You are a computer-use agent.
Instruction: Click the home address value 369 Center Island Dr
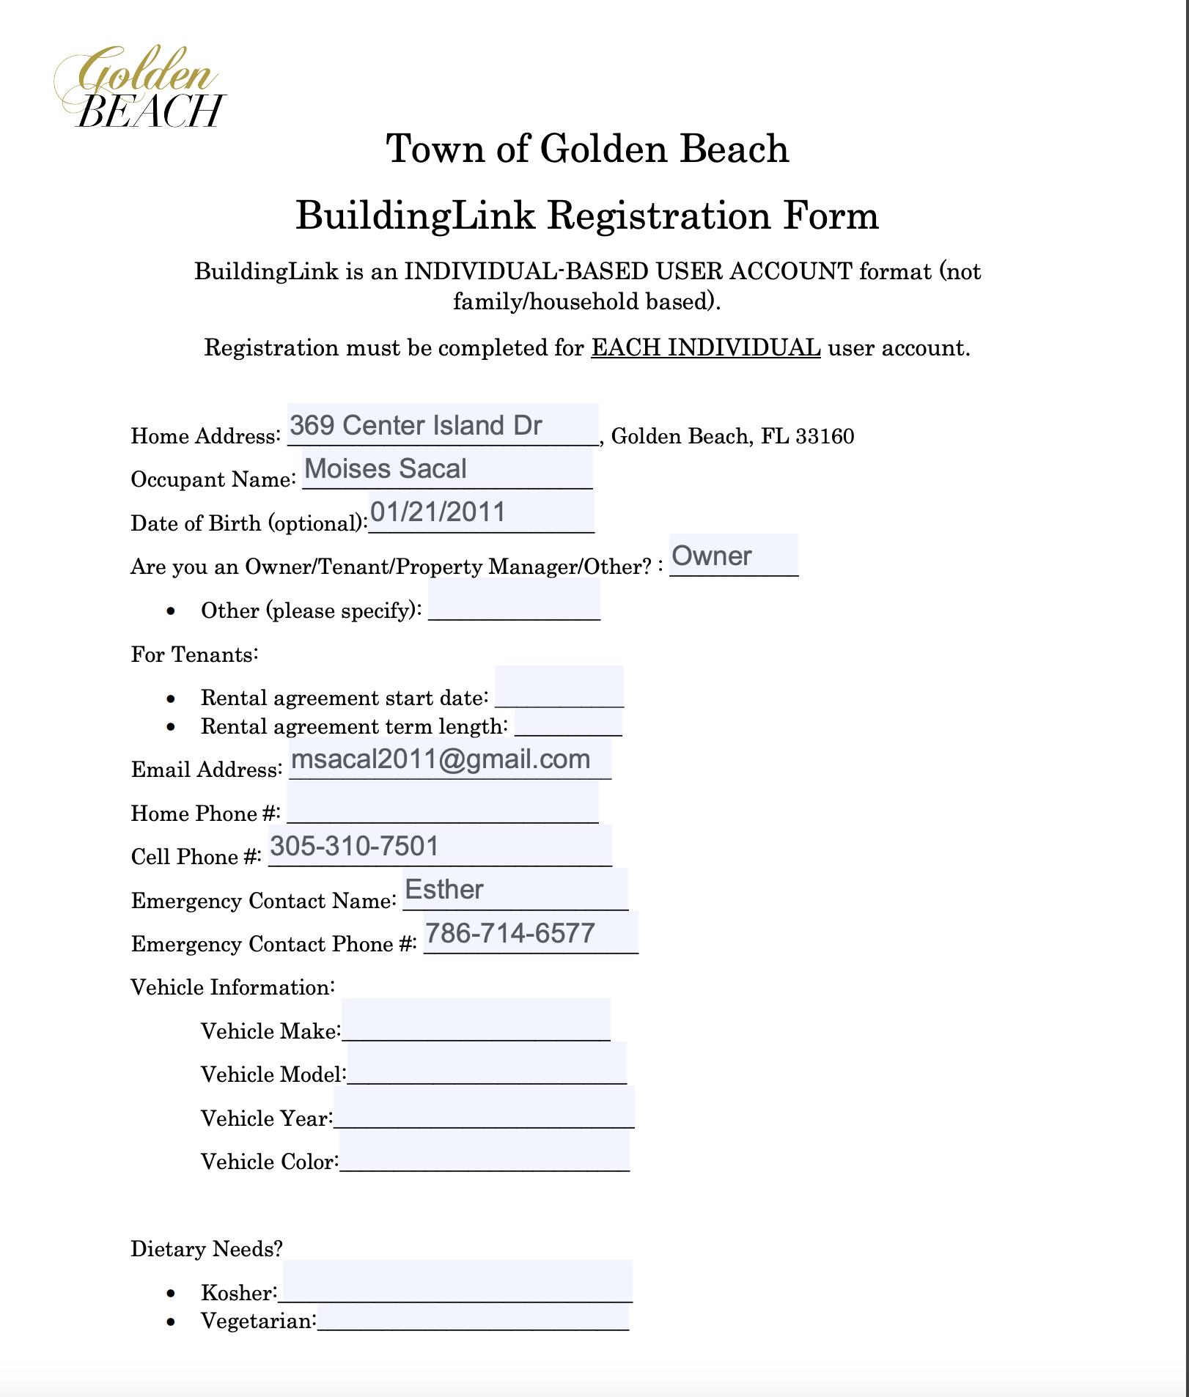click(x=416, y=426)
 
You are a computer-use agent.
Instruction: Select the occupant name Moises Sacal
click(x=386, y=469)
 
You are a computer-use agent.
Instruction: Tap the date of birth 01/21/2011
click(x=438, y=512)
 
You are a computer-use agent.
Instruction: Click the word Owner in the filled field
click(x=712, y=556)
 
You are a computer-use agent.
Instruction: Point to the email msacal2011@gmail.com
click(x=441, y=759)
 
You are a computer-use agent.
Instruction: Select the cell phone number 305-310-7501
click(x=355, y=847)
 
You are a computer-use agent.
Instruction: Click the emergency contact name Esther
click(x=444, y=890)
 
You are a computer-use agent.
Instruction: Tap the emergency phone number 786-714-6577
click(x=510, y=933)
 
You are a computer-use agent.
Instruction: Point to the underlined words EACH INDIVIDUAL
click(x=706, y=347)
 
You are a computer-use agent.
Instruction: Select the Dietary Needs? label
click(x=207, y=1249)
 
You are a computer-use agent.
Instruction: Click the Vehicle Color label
click(x=268, y=1162)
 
